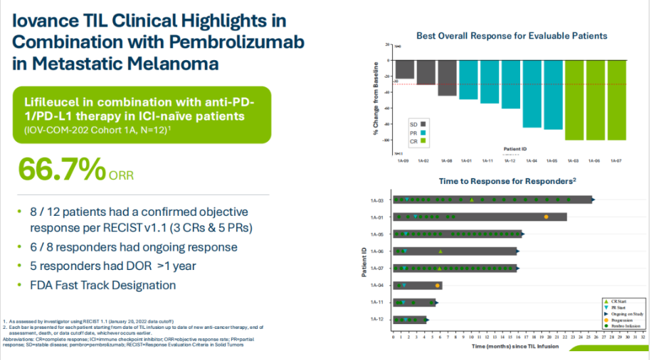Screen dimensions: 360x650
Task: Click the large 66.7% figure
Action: tap(62, 169)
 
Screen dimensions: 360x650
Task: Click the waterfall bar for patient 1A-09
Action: tap(404, 69)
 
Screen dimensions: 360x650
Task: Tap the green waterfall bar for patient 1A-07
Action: tap(617, 99)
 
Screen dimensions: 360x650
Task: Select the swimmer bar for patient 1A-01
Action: tap(480, 217)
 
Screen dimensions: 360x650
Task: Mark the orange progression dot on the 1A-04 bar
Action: tap(438, 286)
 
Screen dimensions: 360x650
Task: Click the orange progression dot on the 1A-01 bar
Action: tap(546, 217)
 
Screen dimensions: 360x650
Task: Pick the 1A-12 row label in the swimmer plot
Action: tap(377, 319)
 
